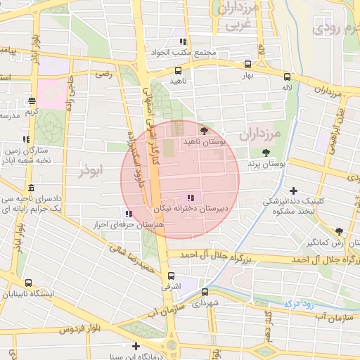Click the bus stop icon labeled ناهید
178,70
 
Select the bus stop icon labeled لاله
287,77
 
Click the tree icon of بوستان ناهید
204,131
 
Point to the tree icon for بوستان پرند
265,153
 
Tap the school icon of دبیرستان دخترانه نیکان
190,198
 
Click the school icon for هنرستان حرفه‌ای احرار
127,214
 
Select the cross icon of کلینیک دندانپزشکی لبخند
293,191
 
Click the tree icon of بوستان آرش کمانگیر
339,231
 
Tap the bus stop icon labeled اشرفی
172,276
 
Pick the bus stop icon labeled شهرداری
205,292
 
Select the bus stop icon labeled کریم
31,101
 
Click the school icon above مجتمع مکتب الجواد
184,42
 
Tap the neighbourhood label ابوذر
91,170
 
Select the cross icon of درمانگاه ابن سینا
136,346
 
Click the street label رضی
104,73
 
